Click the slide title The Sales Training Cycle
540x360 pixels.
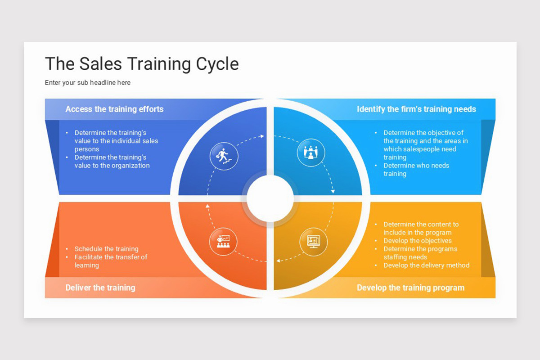[142, 64]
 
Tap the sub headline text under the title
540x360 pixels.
[88, 82]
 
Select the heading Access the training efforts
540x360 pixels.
[114, 109]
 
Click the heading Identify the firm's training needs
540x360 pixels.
[416, 109]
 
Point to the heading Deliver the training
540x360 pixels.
[100, 288]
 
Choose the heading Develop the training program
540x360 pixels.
[410, 288]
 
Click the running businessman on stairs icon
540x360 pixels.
[224, 156]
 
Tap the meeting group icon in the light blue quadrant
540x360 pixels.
[311, 153]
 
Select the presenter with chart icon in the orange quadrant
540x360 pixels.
[223, 241]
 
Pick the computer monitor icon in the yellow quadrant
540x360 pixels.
[313, 242]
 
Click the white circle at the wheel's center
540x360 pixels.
[270, 198]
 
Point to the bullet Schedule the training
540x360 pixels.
[106, 248]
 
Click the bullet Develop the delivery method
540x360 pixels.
[426, 265]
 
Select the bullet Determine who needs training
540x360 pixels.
[416, 169]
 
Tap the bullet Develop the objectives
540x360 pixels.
[417, 240]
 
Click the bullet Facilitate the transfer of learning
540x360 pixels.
[111, 261]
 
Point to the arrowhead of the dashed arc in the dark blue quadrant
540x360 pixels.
[262, 136]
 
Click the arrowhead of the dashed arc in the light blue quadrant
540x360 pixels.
[333, 191]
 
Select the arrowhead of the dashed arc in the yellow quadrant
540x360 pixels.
[278, 261]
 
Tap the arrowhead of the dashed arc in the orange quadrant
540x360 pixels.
[207, 206]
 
